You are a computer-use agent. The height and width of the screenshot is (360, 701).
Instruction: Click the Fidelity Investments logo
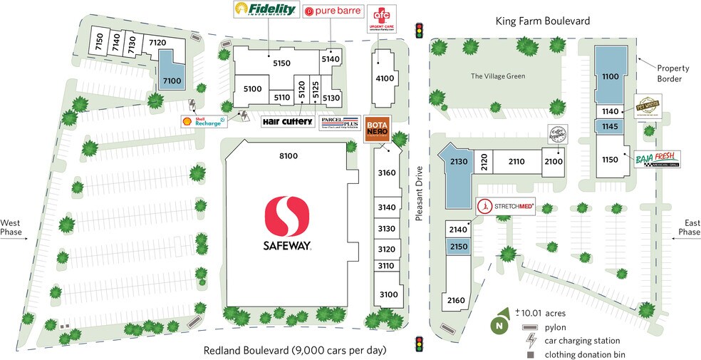tap(265, 10)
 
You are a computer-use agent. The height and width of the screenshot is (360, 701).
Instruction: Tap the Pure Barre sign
tap(333, 11)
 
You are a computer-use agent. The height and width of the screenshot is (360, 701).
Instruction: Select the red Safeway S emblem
tap(288, 216)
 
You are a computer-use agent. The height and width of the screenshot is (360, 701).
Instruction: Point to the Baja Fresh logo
tap(656, 158)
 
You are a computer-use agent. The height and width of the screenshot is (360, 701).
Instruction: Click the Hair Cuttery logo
tap(288, 122)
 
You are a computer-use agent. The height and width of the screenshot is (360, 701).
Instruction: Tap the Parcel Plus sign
tap(338, 122)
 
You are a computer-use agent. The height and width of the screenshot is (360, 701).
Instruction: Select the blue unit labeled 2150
tap(457, 246)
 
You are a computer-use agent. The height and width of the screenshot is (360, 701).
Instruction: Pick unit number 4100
tap(385, 78)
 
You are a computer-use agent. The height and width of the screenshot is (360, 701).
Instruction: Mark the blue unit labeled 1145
tap(609, 126)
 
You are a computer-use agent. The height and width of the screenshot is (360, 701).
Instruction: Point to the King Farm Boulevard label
tap(543, 21)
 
